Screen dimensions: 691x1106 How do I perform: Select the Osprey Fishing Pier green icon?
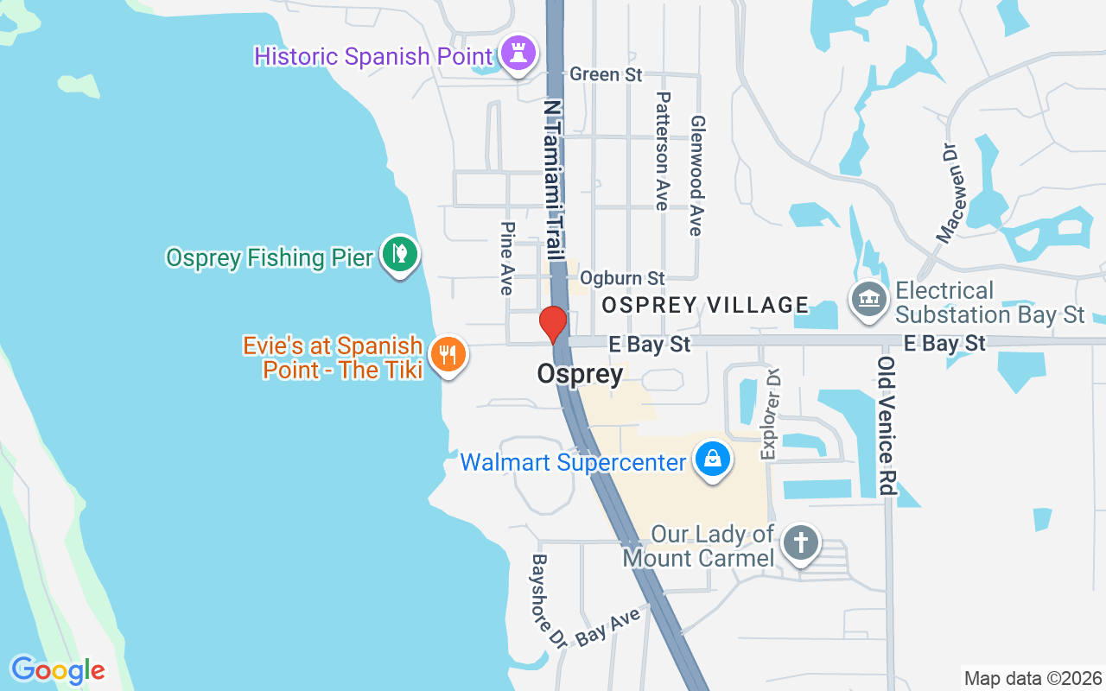point(400,256)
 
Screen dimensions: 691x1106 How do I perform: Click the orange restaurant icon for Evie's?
point(448,355)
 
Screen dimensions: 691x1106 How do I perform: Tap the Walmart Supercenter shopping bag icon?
point(713,460)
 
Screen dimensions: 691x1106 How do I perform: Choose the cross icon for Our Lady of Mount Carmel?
point(801,543)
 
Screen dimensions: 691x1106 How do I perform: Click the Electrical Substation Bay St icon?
point(870,300)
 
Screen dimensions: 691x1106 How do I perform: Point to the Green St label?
point(606,74)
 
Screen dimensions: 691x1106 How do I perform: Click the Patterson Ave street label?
point(663,150)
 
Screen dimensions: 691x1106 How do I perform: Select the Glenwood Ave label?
point(696,176)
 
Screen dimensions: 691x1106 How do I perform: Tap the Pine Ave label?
point(507,257)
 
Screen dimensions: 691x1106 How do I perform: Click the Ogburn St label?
point(622,278)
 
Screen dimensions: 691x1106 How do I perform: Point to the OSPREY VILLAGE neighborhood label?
point(705,305)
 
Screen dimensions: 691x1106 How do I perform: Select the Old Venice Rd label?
point(886,425)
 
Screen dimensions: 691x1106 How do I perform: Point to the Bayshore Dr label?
point(549,601)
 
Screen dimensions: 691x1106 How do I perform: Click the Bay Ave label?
point(608,626)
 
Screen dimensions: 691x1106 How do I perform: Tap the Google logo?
point(58,670)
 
